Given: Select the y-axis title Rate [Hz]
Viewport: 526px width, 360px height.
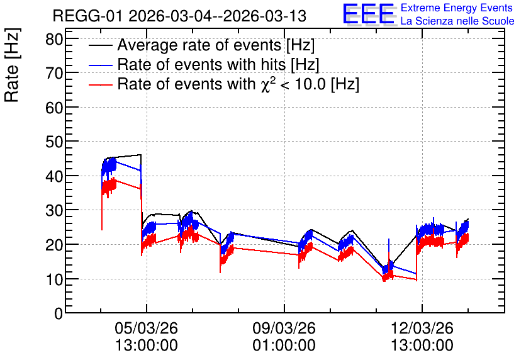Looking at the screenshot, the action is tap(12, 65).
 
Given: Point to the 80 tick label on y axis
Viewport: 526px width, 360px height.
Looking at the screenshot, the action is tap(54, 40).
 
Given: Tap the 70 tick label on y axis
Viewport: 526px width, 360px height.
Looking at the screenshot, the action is tap(54, 73).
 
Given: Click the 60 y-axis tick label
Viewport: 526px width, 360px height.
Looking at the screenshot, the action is tap(54, 108).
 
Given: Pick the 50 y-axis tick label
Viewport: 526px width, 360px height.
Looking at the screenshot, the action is tap(54, 142).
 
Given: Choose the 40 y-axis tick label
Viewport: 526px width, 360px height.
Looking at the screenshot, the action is tap(54, 176).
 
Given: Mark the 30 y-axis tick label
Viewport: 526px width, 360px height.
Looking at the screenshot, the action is tap(54, 210).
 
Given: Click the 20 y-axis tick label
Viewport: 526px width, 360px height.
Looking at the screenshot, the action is tap(54, 245).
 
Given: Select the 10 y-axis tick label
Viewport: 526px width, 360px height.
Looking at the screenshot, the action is tap(54, 279).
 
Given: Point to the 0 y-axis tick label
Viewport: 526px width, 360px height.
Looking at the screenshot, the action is tap(59, 313).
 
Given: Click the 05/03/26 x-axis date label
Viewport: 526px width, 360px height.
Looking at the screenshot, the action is tap(146, 328).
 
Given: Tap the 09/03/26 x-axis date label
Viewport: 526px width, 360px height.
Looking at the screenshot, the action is tap(284, 328).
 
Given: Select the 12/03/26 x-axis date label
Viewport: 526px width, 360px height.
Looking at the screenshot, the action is tap(422, 328).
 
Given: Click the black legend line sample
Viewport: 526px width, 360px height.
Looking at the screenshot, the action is tap(100, 45).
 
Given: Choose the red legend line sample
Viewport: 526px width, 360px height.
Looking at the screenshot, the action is tap(100, 84).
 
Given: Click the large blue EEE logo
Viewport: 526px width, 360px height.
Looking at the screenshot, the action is tap(369, 14).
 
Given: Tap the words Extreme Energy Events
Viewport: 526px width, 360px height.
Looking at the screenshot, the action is tap(457, 8).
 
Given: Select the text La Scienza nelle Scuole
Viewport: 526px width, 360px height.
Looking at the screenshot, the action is tap(457, 21).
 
